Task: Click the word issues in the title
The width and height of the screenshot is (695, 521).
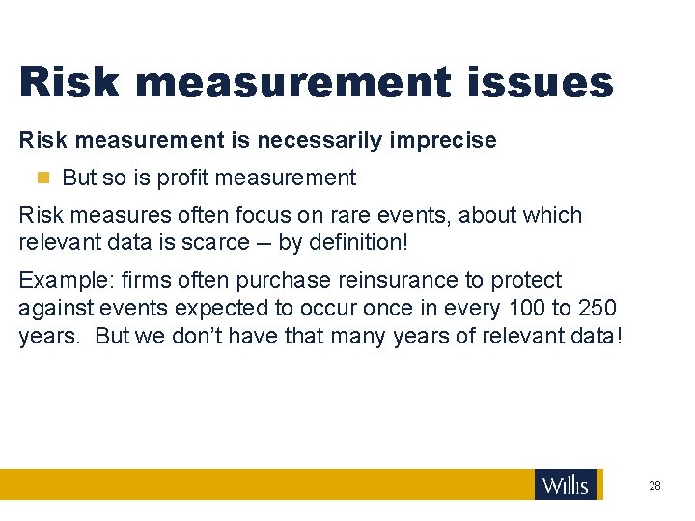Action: (x=533, y=82)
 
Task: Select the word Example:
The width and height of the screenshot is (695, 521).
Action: (x=64, y=281)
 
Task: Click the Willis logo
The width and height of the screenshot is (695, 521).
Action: (x=566, y=484)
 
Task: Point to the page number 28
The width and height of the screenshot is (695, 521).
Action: (x=654, y=486)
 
